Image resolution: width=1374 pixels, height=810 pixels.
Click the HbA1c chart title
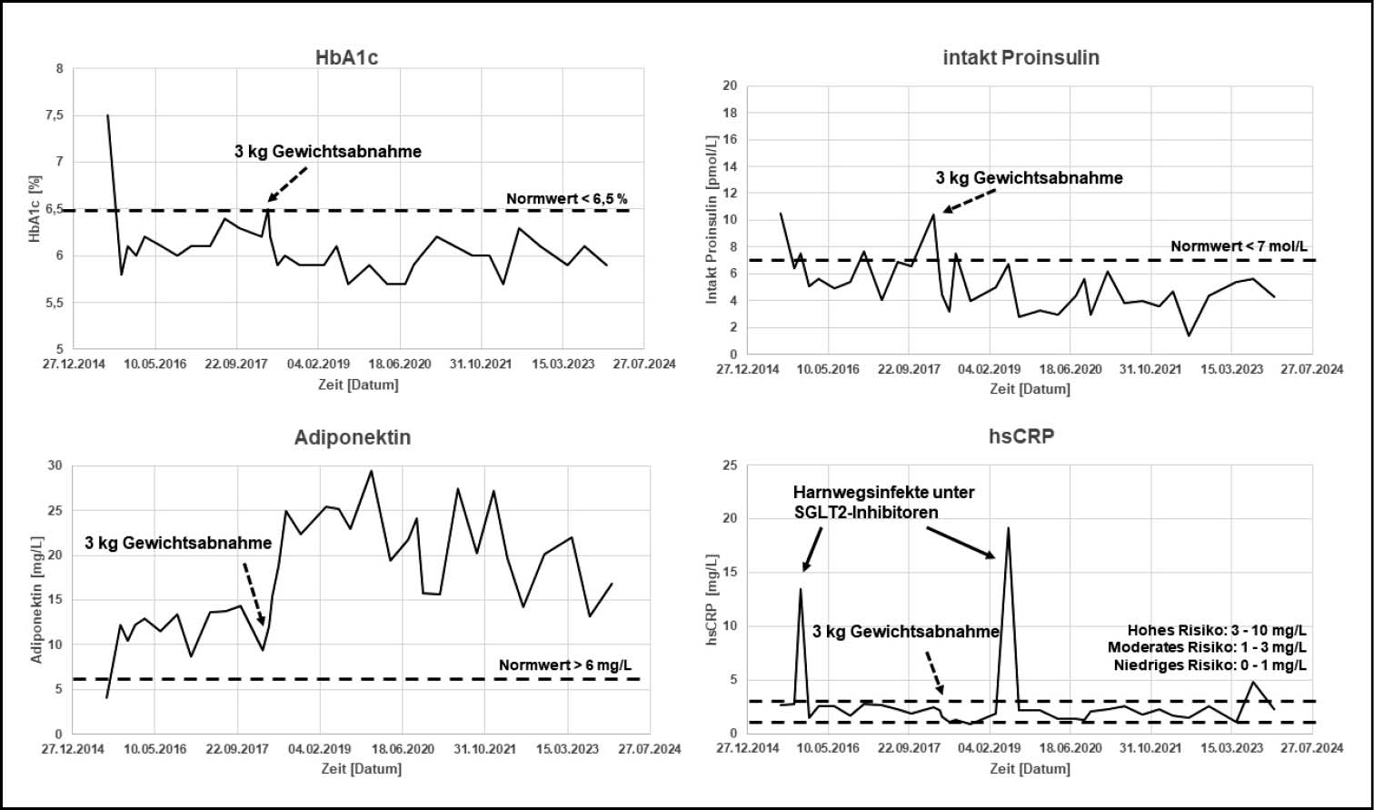coord(340,57)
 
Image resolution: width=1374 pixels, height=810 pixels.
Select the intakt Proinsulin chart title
coord(1021,57)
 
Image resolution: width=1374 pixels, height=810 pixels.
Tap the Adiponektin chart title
coord(353,437)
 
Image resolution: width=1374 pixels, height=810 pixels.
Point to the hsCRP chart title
coord(1021,437)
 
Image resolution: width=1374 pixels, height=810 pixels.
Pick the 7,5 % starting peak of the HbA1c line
coord(108,115)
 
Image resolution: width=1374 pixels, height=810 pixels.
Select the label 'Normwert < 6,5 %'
coord(567,199)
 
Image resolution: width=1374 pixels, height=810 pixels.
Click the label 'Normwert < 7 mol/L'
coord(1240,246)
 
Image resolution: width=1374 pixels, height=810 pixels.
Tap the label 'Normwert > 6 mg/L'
coord(565,665)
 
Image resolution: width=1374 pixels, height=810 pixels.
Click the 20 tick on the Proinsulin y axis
coord(729,86)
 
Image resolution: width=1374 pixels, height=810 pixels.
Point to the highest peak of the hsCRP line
coord(1008,528)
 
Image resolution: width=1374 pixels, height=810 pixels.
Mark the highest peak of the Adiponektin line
coord(371,471)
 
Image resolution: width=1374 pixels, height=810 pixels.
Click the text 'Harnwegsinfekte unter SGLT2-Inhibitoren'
coord(883,502)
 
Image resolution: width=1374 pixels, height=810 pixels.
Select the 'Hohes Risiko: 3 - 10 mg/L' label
coord(1217,630)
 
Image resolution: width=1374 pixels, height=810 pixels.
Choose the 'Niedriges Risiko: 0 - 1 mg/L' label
coord(1210,665)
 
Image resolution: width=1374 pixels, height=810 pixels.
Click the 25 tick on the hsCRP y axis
coord(729,465)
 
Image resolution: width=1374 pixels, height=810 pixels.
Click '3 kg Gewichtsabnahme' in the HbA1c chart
coord(328,152)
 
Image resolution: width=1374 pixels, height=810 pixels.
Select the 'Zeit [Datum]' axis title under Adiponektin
coord(361,768)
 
